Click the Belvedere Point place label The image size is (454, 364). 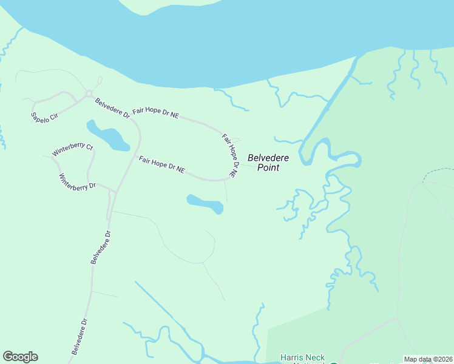(268, 163)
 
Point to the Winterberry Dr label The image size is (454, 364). (77, 183)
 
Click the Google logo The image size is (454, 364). (20, 357)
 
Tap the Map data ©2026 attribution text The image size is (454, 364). (429, 359)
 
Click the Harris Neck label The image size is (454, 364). (302, 358)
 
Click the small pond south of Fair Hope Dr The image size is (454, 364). (205, 204)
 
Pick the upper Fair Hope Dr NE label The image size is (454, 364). (156, 111)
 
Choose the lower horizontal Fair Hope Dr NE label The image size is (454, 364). (161, 164)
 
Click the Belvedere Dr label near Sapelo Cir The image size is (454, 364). (112, 107)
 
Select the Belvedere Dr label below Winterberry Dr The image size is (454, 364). (101, 247)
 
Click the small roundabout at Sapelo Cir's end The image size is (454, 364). (89, 93)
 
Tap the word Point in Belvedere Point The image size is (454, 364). (268, 167)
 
